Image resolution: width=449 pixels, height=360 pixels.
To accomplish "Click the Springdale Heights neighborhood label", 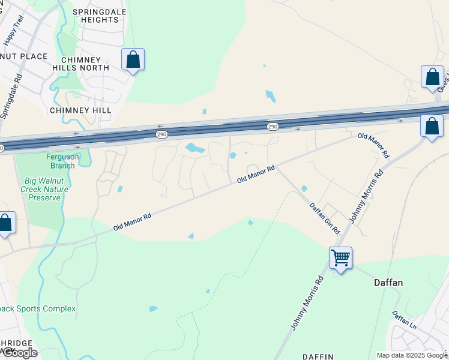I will coord(95,16).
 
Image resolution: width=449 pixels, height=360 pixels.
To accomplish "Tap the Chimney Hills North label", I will coord(85,63).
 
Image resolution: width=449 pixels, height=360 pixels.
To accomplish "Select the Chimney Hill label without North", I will coord(80,110).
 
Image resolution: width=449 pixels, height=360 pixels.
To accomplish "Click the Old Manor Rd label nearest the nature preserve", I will coord(133,221).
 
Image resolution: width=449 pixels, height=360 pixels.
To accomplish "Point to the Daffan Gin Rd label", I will coord(325,218).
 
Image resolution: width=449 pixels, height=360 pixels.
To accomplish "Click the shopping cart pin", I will coord(340,259).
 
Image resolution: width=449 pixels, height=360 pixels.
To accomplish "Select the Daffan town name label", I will coord(388,282).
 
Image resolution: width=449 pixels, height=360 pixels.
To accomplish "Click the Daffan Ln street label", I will coord(405,319).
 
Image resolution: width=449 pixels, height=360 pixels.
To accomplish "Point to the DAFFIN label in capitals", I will coord(318,356).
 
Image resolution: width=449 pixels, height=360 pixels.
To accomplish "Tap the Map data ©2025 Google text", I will coord(411,355).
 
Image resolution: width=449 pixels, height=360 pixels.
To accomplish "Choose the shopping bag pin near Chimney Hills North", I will coord(133,60).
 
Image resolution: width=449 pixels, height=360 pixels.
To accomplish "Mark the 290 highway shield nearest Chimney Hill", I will coord(161,133).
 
